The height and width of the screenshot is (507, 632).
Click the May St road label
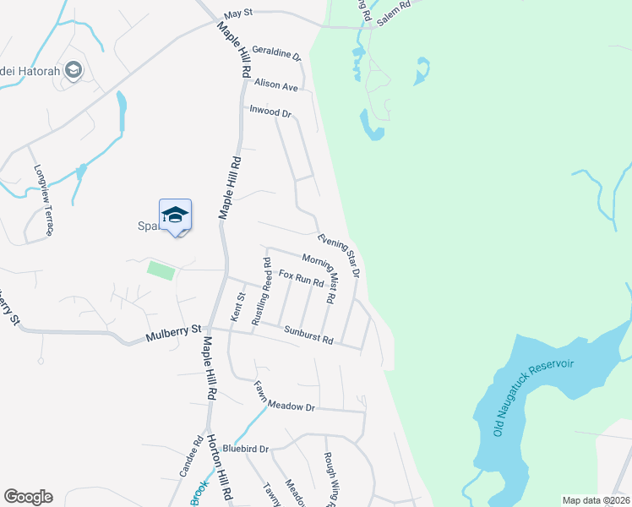[x=239, y=15]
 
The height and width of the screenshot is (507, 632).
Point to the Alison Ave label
[x=276, y=85]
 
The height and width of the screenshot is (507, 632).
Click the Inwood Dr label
[x=270, y=111]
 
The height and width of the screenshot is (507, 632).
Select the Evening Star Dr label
[x=340, y=254]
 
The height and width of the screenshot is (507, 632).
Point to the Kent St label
[x=237, y=307]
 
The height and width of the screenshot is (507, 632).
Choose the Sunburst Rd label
[x=309, y=335]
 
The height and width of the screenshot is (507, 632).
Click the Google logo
[x=28, y=497]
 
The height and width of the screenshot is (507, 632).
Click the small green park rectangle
[x=161, y=270]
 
